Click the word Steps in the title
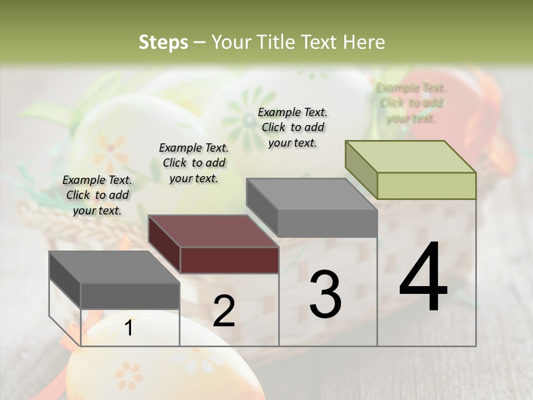tap(163, 42)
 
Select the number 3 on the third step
tap(325, 294)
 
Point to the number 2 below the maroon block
tap(224, 311)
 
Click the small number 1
tap(129, 328)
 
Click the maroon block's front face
tap(229, 260)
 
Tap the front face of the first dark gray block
tap(130, 296)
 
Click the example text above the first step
tap(97, 195)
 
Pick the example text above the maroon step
tap(194, 163)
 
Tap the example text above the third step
tap(293, 127)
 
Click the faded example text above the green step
tap(411, 103)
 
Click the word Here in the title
tap(364, 42)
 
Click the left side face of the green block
tap(361, 169)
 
